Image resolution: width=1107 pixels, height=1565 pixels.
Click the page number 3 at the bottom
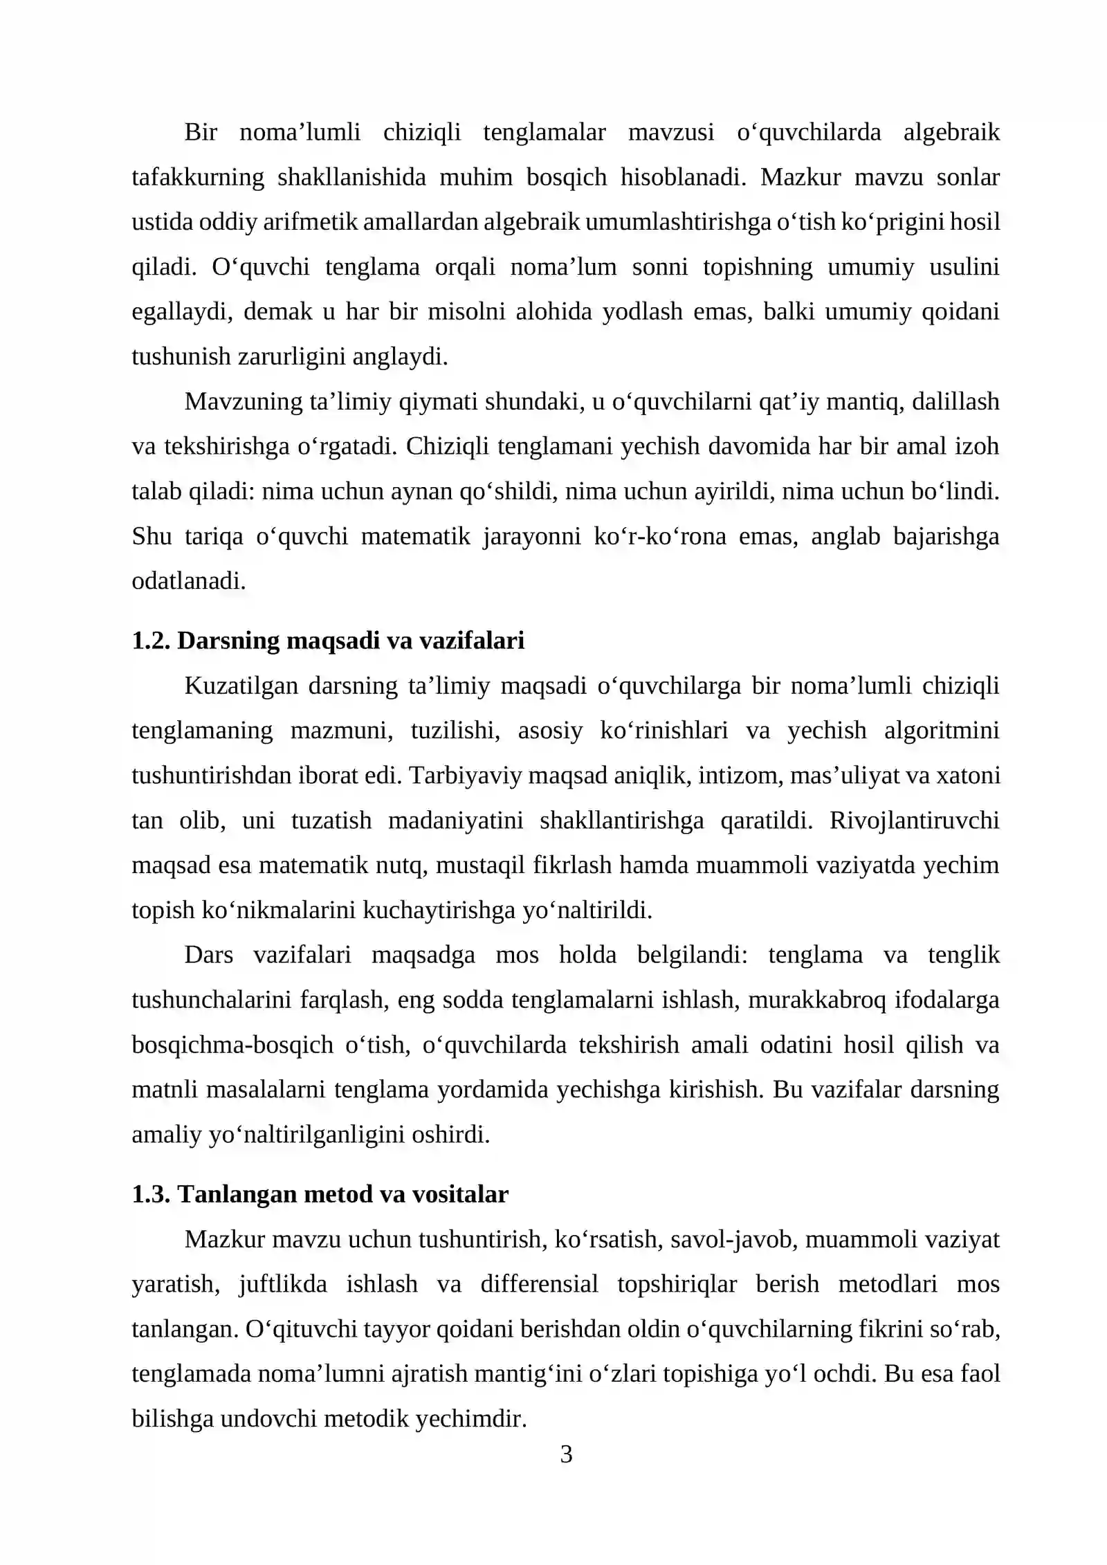coord(566,1454)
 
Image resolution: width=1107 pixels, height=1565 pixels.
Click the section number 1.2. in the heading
coord(151,641)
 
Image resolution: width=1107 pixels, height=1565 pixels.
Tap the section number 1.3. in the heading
coord(151,1194)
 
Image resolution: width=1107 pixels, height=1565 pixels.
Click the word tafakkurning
coord(198,177)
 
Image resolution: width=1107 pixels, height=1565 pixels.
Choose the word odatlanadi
coord(189,581)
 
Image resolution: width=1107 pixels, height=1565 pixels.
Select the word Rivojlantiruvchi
coord(914,821)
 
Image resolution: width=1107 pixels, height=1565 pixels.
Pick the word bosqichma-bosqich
coord(232,1045)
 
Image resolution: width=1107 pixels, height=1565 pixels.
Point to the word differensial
coord(539,1284)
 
